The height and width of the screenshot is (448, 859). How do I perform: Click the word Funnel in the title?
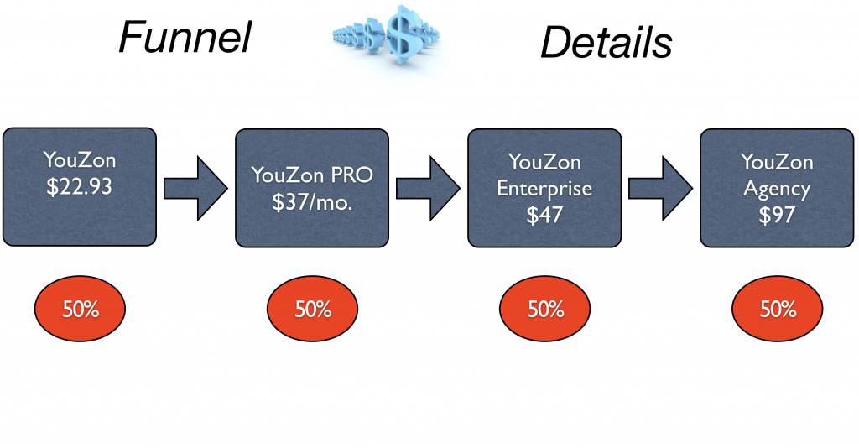coord(185,37)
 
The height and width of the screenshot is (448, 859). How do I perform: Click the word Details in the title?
coord(607,43)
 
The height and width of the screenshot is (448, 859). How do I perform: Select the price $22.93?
coord(79,186)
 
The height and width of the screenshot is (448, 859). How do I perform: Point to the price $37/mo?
coord(312,202)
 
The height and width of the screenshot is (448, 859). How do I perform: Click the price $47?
coord(544,214)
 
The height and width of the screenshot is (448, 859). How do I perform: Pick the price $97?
coord(777,214)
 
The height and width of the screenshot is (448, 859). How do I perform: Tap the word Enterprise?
coord(544,189)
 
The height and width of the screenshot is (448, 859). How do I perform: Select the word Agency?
coord(777,190)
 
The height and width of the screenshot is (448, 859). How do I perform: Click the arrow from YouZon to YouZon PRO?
coord(195,189)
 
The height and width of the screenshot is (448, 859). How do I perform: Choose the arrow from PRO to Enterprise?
coord(428,189)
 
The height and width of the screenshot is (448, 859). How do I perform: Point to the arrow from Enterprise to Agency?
coord(660,189)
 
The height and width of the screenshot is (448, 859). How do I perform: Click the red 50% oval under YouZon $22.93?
coord(80,309)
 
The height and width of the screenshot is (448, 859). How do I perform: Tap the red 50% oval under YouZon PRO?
coord(312,309)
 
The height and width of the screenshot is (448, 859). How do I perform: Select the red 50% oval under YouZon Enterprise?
coord(544,309)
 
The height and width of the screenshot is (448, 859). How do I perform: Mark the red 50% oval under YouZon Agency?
coord(778,309)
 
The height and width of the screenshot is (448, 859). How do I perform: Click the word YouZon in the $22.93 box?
coord(80,160)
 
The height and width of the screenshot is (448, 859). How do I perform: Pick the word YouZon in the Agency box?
coord(777,162)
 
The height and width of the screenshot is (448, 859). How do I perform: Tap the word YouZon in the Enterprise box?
coord(544,162)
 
